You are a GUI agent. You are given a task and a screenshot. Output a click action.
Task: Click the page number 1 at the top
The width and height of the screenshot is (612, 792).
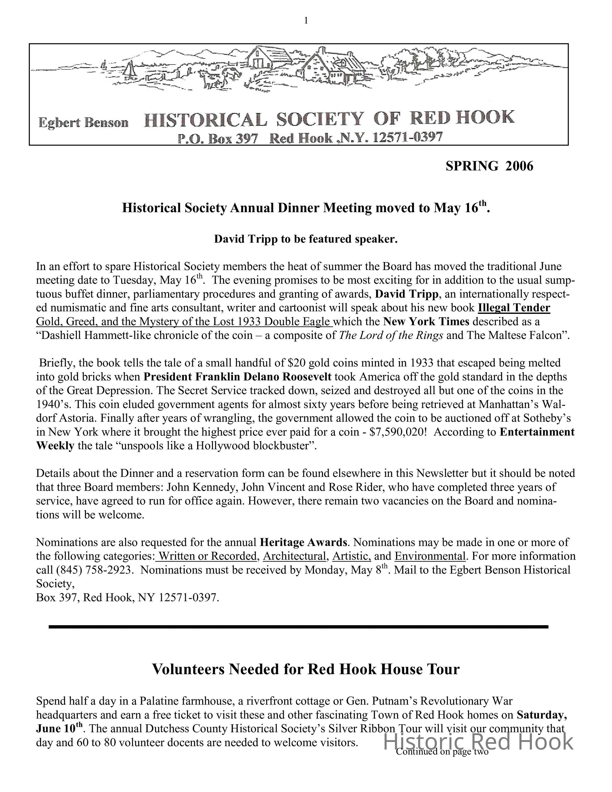[x=306, y=21]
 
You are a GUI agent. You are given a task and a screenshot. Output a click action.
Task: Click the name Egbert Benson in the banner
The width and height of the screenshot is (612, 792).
[x=83, y=123]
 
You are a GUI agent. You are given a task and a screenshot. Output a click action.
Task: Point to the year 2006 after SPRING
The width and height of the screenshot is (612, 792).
[x=519, y=166]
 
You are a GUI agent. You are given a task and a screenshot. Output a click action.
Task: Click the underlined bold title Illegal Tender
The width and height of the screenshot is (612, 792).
[x=514, y=308]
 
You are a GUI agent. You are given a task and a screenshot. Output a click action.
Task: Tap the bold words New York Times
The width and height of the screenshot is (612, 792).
[x=426, y=322]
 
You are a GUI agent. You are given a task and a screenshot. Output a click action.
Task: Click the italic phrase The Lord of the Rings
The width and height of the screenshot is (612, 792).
[x=391, y=335]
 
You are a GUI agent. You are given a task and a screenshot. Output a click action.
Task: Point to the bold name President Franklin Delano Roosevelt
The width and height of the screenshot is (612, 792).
[x=237, y=377]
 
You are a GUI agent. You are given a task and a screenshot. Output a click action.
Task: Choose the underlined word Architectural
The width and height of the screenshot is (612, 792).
[x=295, y=556]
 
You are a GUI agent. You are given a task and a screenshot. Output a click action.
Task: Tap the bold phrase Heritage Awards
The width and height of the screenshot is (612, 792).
[x=303, y=543]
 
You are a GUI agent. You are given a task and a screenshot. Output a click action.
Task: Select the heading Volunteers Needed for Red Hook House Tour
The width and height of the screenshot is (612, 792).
[x=306, y=669]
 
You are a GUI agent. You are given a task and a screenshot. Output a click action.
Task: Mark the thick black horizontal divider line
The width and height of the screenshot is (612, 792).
[x=298, y=627]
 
